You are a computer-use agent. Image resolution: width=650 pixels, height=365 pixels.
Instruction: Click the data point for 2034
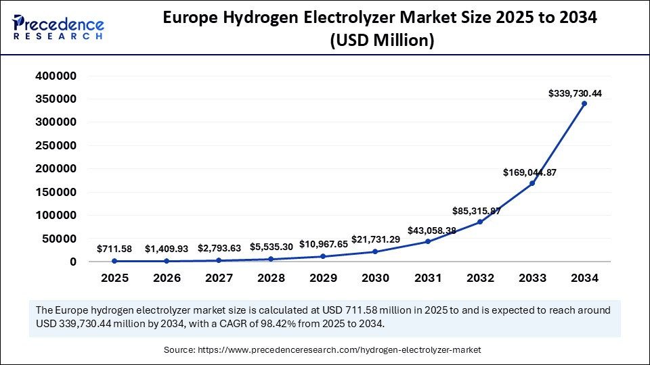[x=584, y=103]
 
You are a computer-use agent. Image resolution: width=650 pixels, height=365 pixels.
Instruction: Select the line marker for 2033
[x=532, y=183]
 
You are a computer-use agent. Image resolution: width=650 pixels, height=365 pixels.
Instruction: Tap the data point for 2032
[x=479, y=222]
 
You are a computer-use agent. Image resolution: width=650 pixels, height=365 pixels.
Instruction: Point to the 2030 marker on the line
[x=375, y=251]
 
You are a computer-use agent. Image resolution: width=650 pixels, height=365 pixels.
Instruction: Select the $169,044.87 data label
[x=529, y=172]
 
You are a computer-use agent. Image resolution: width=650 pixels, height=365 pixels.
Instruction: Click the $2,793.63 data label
[x=218, y=248]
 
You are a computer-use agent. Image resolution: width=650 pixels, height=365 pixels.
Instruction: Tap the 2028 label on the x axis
[x=271, y=277]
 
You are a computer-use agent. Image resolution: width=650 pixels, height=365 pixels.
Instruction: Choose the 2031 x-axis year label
[x=427, y=277]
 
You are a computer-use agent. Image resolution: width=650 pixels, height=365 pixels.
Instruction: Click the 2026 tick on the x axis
[x=167, y=277]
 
